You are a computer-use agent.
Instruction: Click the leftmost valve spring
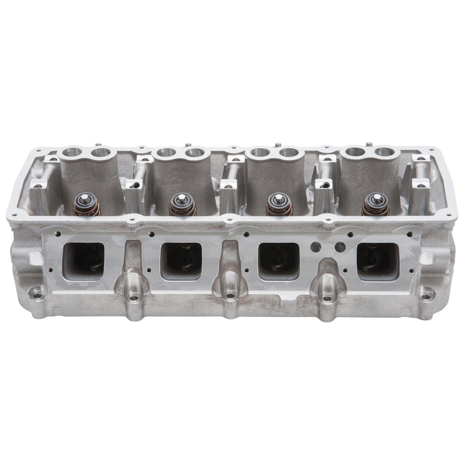point(86,204)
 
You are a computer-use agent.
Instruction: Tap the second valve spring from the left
point(182,205)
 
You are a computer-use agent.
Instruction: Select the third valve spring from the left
point(279,205)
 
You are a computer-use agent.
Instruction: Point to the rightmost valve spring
point(375,204)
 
